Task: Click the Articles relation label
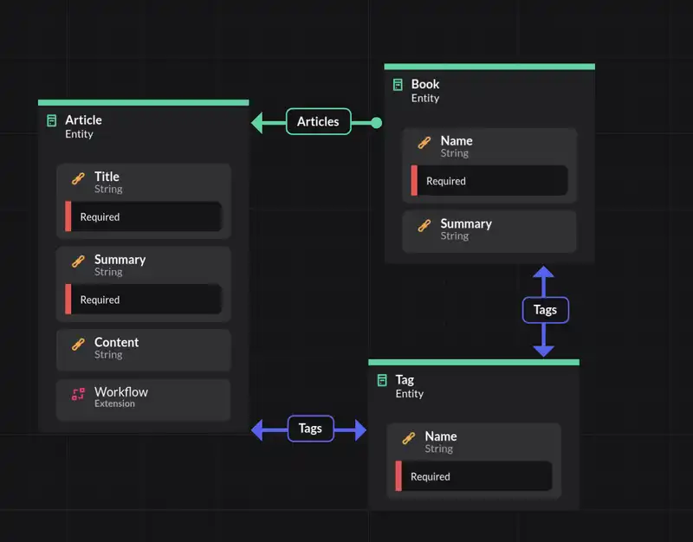click(x=318, y=122)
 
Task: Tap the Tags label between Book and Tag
click(x=545, y=310)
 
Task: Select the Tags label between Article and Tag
click(x=310, y=429)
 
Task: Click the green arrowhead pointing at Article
click(x=257, y=123)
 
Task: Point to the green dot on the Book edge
click(x=376, y=123)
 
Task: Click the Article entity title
click(x=83, y=120)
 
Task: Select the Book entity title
click(x=425, y=84)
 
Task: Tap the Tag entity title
click(x=405, y=379)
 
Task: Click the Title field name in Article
click(x=107, y=177)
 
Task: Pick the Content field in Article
click(x=116, y=343)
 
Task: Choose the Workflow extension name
click(x=121, y=392)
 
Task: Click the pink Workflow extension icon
click(x=78, y=395)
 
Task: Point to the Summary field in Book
click(x=465, y=224)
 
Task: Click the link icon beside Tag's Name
click(x=409, y=439)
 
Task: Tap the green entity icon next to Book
click(x=398, y=85)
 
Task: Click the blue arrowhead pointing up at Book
click(x=543, y=274)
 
